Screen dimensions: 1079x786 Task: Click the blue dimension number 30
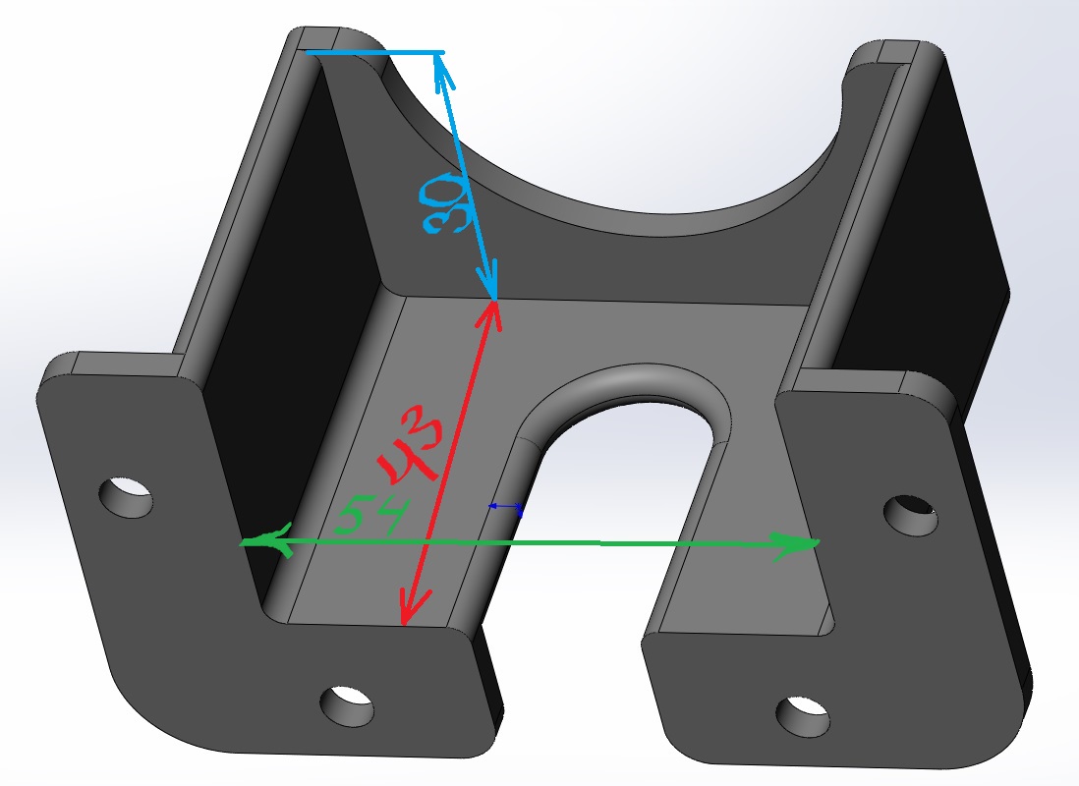click(x=445, y=203)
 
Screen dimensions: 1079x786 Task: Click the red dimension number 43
click(x=410, y=444)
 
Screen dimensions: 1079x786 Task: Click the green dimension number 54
click(x=372, y=515)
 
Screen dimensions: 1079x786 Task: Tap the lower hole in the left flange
click(x=348, y=705)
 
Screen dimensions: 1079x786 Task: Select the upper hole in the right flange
click(x=910, y=515)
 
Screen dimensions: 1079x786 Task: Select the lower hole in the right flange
click(x=803, y=716)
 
